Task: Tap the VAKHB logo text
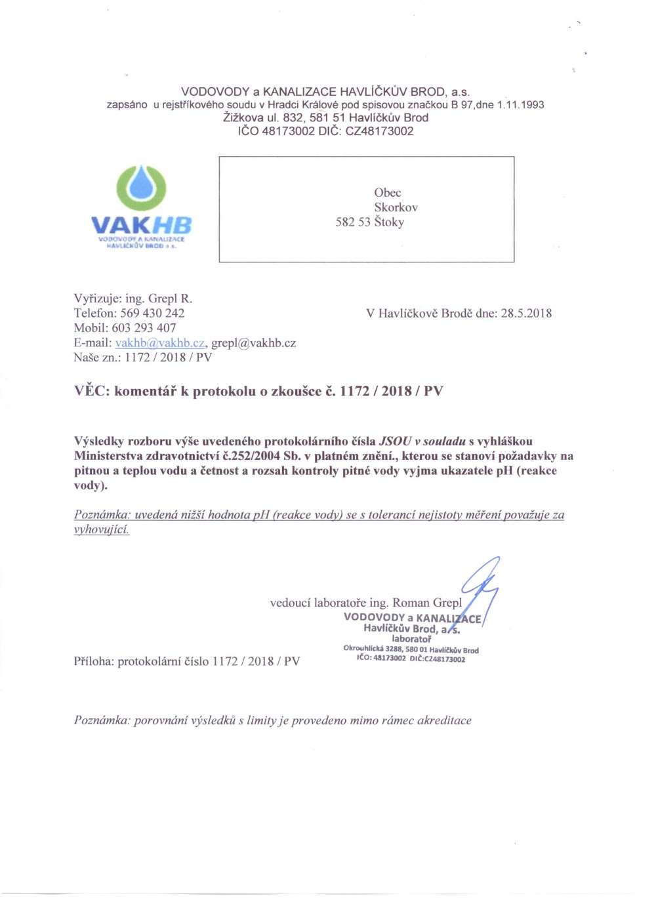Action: (141, 225)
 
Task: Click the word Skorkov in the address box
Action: (396, 207)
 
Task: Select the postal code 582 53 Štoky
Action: (369, 222)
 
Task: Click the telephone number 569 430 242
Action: (152, 314)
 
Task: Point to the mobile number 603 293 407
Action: (144, 328)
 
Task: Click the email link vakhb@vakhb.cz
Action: (160, 343)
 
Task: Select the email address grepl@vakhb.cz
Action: (253, 343)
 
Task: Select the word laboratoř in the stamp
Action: (411, 639)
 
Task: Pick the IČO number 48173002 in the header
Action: (288, 131)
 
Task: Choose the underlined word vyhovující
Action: (102, 529)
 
